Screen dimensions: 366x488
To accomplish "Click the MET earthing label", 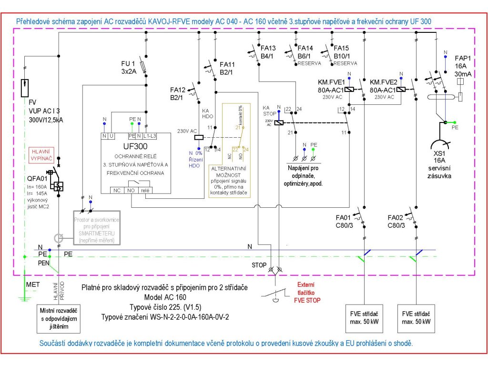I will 32,285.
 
